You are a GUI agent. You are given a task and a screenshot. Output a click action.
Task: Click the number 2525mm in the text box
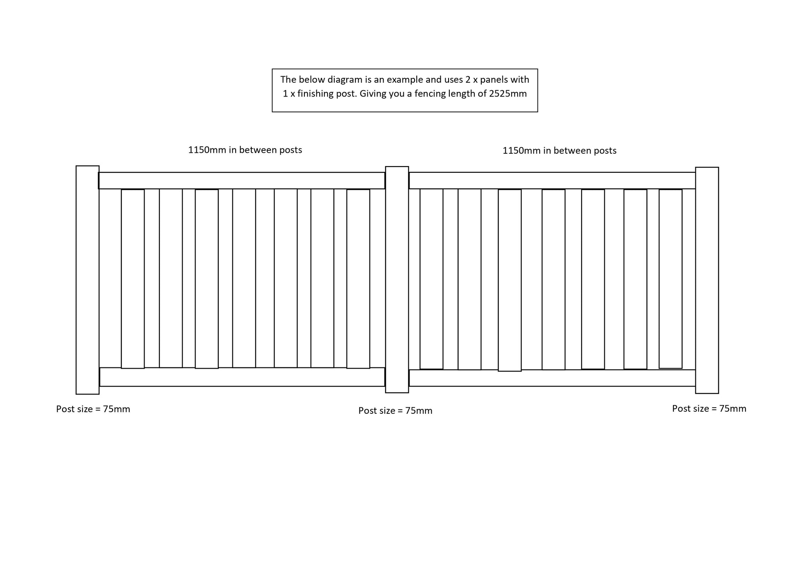click(x=508, y=94)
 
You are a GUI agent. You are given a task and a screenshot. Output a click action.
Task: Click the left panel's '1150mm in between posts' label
click(x=245, y=150)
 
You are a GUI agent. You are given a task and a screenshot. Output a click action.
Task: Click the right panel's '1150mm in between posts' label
click(x=559, y=151)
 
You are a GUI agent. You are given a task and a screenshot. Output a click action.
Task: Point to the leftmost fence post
click(x=87, y=280)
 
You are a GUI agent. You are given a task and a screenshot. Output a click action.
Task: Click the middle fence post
click(x=397, y=280)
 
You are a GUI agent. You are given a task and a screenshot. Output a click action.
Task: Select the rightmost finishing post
click(x=707, y=280)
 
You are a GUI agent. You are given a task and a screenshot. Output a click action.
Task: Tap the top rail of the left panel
click(x=242, y=181)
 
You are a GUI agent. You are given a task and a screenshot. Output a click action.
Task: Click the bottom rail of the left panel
click(x=242, y=377)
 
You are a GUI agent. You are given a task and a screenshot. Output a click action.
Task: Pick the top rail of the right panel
click(x=552, y=181)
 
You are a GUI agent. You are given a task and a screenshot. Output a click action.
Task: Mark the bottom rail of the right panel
click(x=552, y=378)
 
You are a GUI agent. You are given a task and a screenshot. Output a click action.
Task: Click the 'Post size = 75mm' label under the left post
click(x=93, y=409)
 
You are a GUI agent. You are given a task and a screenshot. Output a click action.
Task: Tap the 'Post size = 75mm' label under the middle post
click(x=395, y=411)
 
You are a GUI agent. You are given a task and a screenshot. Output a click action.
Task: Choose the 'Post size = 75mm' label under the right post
click(x=709, y=409)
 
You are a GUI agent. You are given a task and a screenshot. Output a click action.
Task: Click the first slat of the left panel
click(x=133, y=279)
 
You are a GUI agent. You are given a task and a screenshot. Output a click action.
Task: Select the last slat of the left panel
click(x=358, y=279)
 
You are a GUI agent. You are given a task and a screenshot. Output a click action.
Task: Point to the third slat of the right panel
click(x=509, y=280)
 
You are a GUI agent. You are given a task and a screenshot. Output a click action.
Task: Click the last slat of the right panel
click(x=670, y=279)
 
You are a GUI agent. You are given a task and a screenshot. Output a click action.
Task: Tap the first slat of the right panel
click(x=431, y=279)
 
